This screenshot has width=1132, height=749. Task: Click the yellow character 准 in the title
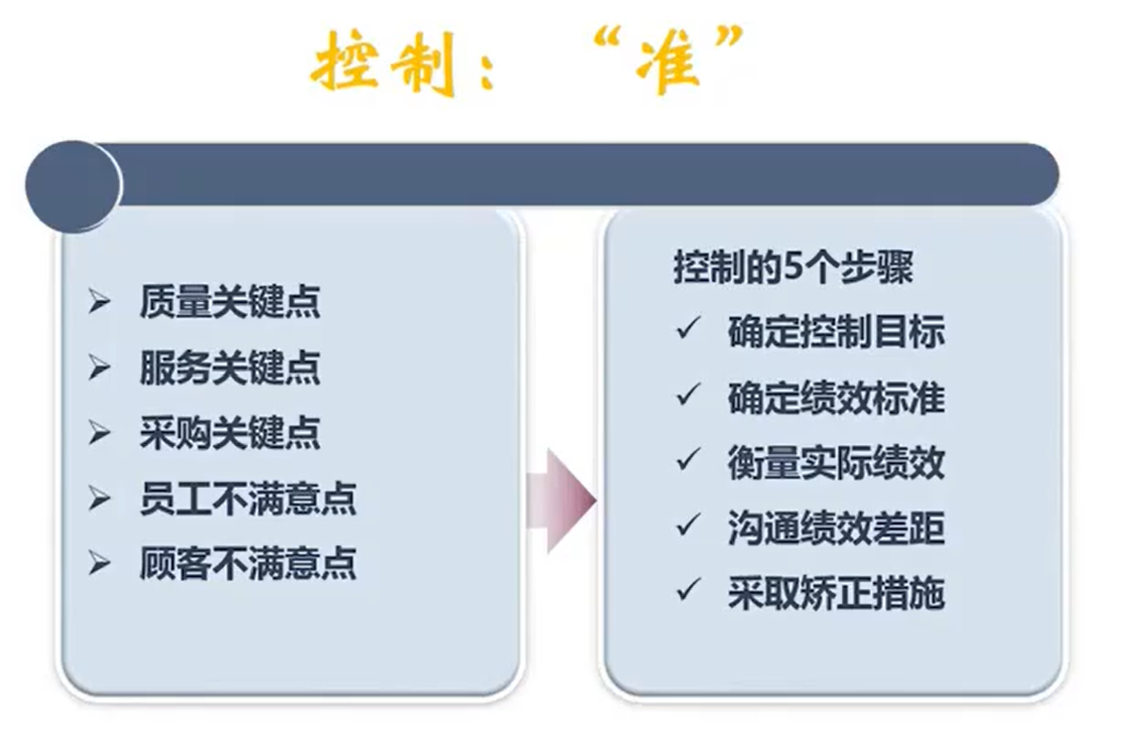point(668,64)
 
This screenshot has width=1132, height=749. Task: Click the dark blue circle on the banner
point(73,185)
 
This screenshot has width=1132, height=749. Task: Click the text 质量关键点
point(229,302)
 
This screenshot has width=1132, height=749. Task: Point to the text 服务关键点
point(229,368)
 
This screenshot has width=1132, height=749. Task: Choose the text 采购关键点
point(229,433)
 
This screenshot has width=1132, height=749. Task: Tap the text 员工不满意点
point(247,499)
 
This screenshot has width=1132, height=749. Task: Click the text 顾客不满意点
point(247,564)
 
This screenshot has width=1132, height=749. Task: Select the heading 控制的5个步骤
point(793,267)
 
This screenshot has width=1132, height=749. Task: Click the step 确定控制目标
point(836,332)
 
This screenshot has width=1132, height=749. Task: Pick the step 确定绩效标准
point(836,397)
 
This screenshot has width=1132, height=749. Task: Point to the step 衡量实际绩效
point(836,463)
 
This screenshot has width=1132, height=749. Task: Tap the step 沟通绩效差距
point(836,528)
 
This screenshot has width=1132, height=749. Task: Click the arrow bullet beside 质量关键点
point(99,301)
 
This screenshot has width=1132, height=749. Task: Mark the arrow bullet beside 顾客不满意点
point(99,563)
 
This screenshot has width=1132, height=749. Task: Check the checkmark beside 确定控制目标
point(688,328)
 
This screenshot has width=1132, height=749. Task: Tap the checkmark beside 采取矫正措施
point(688,590)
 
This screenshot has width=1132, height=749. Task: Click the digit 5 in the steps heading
point(792,268)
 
